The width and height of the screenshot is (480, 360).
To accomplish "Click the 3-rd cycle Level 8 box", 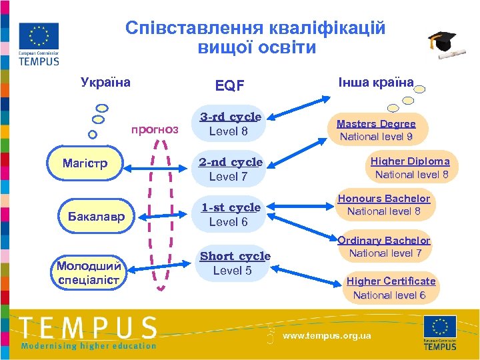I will (x=229, y=124).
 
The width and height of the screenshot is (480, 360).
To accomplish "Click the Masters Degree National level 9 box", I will (x=376, y=131).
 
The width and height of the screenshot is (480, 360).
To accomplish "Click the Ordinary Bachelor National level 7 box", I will (x=385, y=247).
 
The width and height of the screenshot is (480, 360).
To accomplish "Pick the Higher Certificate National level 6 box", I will (x=390, y=288).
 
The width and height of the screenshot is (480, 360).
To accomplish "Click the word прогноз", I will (x=155, y=129).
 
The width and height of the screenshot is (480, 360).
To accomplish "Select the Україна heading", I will (x=105, y=83).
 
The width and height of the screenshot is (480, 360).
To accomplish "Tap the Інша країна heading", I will (x=376, y=83).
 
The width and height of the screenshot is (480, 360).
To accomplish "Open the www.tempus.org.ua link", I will (x=327, y=335).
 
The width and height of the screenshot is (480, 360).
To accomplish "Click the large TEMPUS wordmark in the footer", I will (x=88, y=327).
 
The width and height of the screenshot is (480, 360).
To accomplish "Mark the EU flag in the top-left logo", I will (x=39, y=36).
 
